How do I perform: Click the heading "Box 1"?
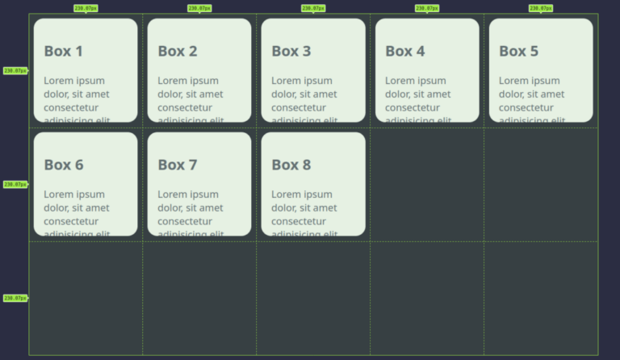[63, 51]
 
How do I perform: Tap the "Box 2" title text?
[177, 51]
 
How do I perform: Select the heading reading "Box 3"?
[291, 51]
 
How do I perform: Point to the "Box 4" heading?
[404, 51]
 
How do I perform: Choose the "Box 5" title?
[518, 51]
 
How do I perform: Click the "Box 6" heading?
[63, 165]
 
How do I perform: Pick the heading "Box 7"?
[177, 165]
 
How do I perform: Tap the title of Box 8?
[291, 165]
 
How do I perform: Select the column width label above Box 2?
[199, 8]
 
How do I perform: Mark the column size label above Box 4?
[427, 8]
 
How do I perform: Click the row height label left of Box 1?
[15, 71]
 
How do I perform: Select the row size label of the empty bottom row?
[15, 298]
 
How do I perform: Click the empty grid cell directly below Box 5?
[541, 184]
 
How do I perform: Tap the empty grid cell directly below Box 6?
[86, 298]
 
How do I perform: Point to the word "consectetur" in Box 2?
[191, 107]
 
